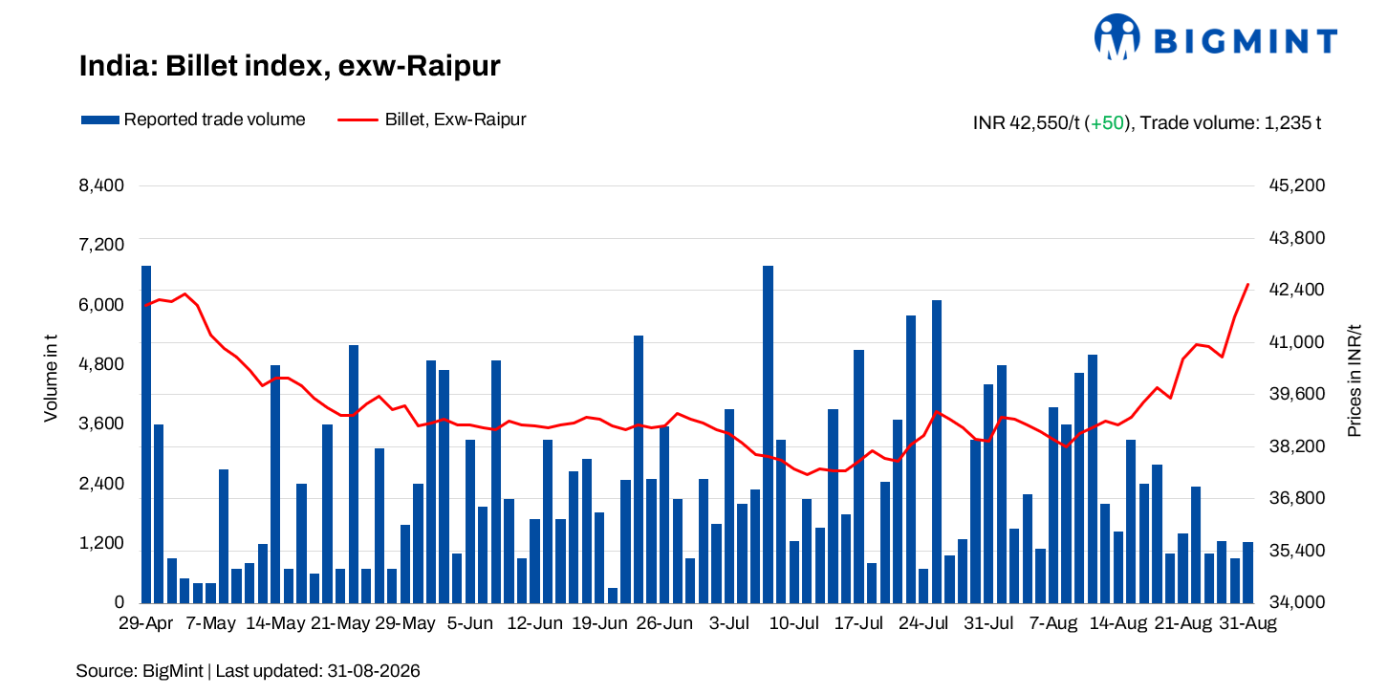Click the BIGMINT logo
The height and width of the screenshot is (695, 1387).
(1216, 37)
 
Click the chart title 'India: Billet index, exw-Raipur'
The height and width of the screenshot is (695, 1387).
(290, 66)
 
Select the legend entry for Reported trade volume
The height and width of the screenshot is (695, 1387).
(193, 119)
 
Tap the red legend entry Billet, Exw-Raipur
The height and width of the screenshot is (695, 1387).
(431, 119)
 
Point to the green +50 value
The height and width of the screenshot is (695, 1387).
(1107, 122)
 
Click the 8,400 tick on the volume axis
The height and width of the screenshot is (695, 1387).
(101, 185)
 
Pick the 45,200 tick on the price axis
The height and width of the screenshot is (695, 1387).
(1297, 185)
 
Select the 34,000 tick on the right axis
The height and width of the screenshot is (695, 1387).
(1297, 601)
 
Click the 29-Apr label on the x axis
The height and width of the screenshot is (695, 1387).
(145, 623)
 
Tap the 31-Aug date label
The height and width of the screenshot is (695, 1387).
(1247, 623)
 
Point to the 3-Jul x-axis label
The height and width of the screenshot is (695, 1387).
(728, 623)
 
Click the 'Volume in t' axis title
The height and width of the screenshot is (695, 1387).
(51, 379)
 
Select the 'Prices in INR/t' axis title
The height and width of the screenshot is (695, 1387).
(1354, 380)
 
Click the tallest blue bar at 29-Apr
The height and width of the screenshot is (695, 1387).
(146, 434)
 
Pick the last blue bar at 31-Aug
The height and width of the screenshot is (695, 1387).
(1247, 573)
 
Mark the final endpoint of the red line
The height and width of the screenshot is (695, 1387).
(1247, 284)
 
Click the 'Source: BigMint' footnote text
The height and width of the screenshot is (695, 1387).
(140, 671)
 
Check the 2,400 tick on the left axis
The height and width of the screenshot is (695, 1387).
(101, 483)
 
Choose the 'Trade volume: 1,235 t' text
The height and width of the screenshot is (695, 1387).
(1230, 122)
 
